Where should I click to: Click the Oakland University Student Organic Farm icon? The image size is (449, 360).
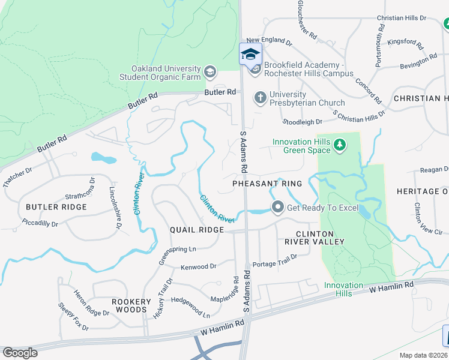pyautogui.click(x=209, y=73)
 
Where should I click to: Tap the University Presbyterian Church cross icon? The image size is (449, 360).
pyautogui.click(x=260, y=97)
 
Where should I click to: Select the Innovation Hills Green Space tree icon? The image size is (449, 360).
pyautogui.click(x=340, y=145)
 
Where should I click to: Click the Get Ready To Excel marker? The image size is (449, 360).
pyautogui.click(x=277, y=208)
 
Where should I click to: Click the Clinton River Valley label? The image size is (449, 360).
pyautogui.click(x=319, y=238)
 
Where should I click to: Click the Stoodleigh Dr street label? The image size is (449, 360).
pyautogui.click(x=303, y=122)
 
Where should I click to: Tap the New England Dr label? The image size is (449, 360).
pyautogui.click(x=269, y=41)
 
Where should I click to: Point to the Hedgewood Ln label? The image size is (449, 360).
pyautogui.click(x=190, y=305)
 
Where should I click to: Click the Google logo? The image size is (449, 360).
pyautogui.click(x=20, y=352)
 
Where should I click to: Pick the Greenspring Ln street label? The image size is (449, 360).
pyautogui.click(x=176, y=249)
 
